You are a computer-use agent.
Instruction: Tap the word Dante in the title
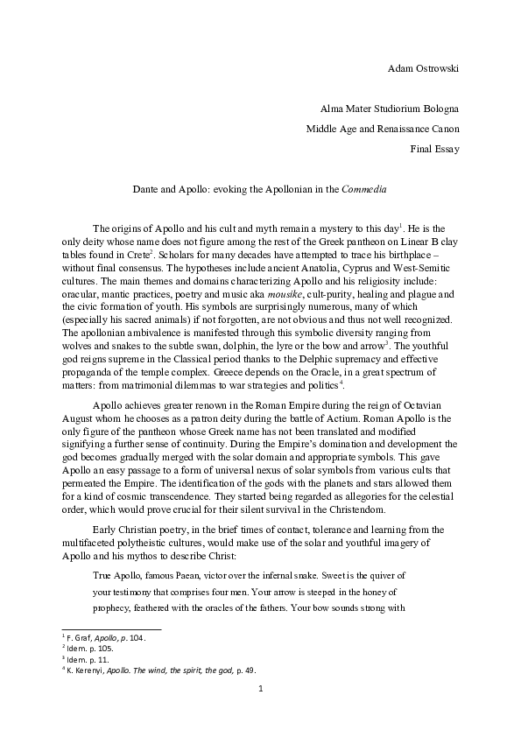144,188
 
